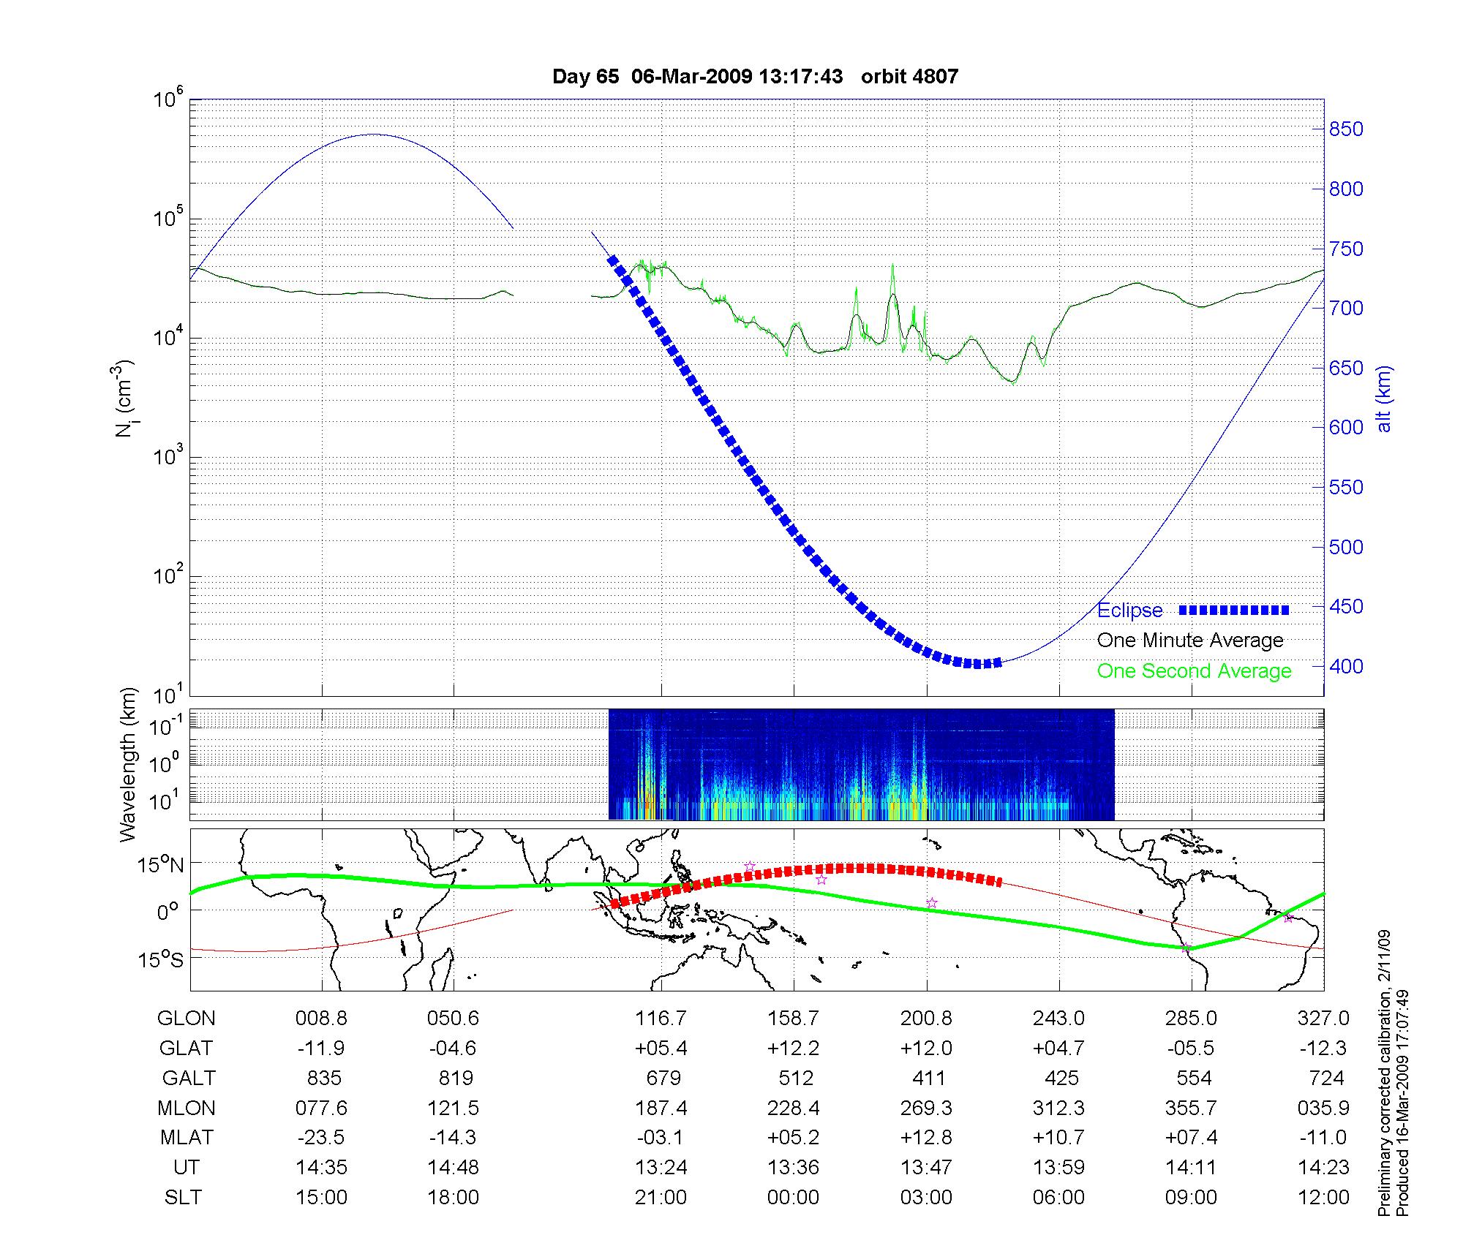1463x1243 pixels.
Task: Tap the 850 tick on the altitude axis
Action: [x=1346, y=129]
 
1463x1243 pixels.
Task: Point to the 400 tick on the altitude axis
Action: [x=1346, y=666]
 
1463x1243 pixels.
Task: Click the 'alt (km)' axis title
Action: [x=1384, y=398]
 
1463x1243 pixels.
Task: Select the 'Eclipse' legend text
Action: [x=1130, y=611]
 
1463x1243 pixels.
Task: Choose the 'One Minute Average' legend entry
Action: [x=1190, y=641]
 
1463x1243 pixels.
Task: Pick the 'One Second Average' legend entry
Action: [x=1194, y=671]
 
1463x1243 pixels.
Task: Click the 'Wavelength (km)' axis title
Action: [x=129, y=764]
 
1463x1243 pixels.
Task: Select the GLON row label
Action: [x=187, y=1019]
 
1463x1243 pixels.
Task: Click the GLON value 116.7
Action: [x=661, y=1019]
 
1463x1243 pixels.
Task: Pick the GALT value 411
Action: [x=928, y=1078]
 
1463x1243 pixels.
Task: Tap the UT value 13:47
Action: [x=927, y=1168]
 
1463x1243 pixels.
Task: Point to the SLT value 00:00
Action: [x=794, y=1198]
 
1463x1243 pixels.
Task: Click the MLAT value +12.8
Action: [x=927, y=1138]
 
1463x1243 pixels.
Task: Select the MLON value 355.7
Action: [x=1192, y=1108]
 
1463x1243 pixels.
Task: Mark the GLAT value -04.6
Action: [x=454, y=1049]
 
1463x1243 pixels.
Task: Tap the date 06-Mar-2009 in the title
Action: [x=691, y=77]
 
